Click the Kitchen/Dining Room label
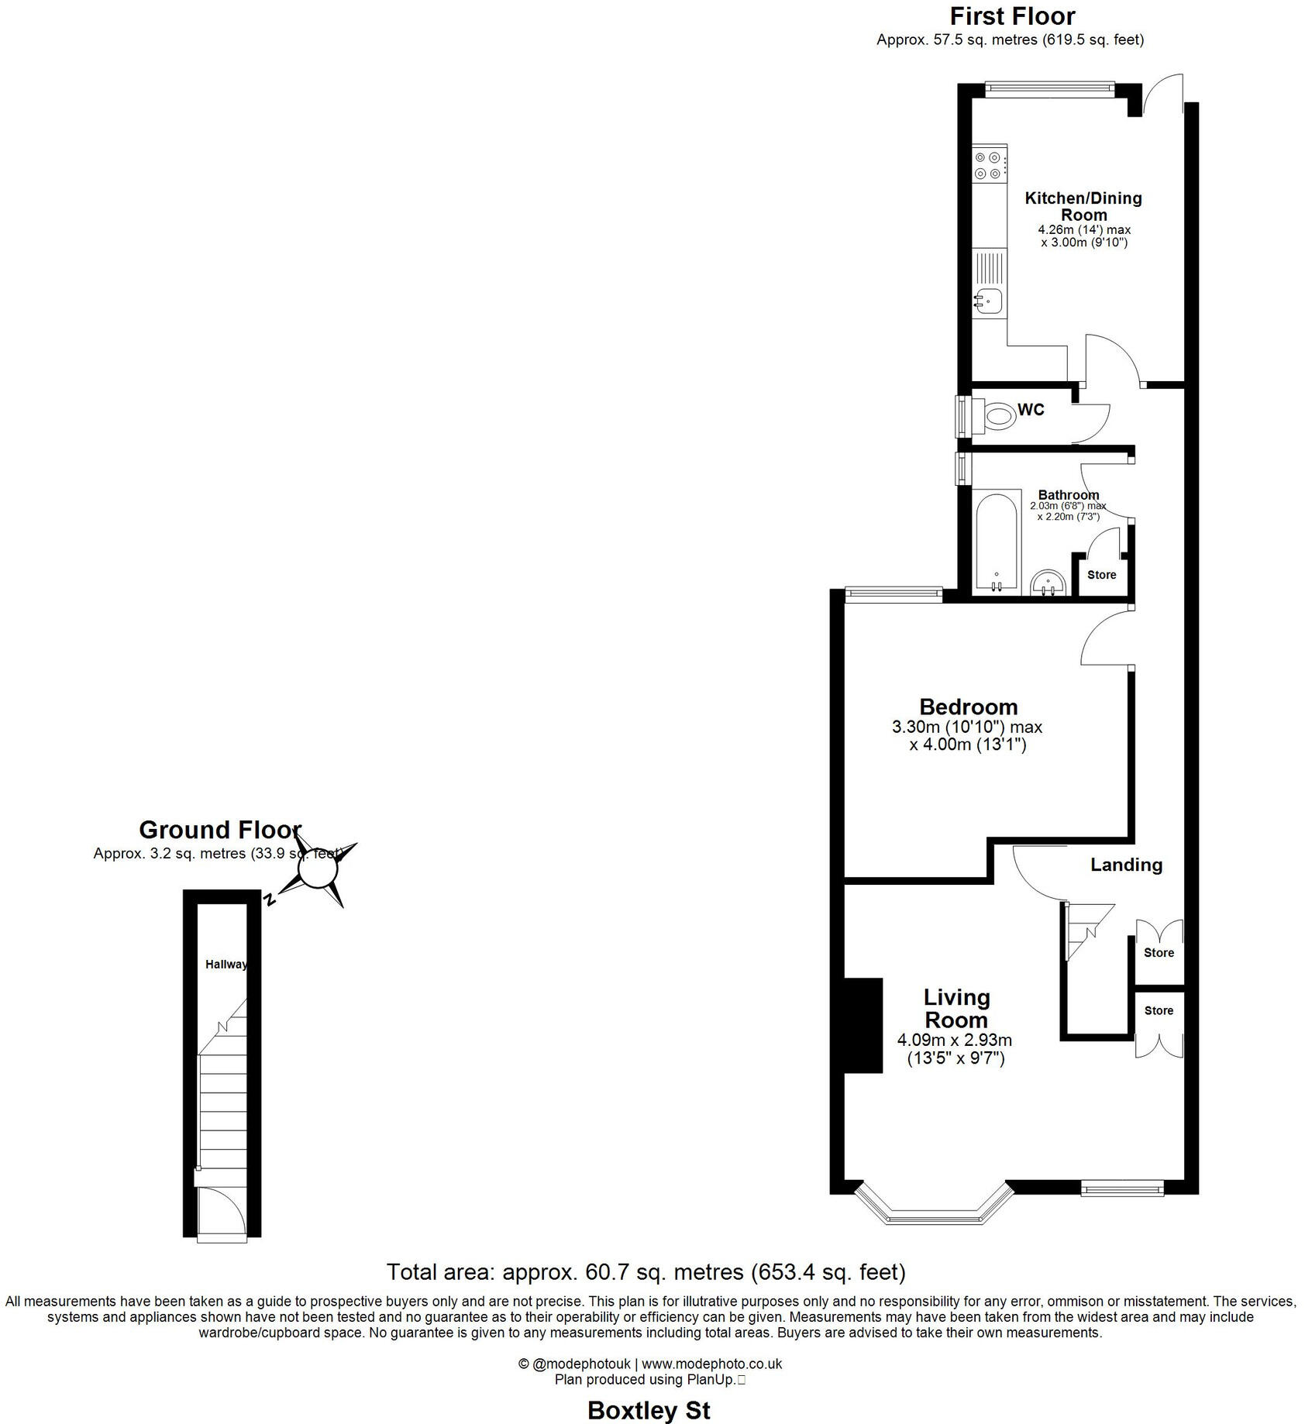[x=1083, y=206]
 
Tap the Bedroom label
[x=968, y=707]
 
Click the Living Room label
[x=956, y=1008]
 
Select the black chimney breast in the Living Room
[x=863, y=1025]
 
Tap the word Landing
[x=1126, y=865]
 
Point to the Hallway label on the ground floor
[x=226, y=965]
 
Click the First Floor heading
[x=1012, y=16]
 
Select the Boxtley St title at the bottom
[x=649, y=1410]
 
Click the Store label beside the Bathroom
[x=1101, y=575]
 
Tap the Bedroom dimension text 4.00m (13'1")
[x=968, y=745]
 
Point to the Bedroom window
[x=894, y=594]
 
